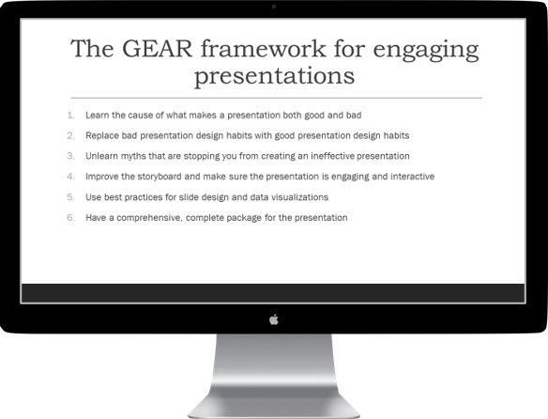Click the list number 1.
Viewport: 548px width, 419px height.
coord(70,115)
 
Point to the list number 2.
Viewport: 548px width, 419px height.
coord(70,135)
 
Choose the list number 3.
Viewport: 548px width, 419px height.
coord(70,156)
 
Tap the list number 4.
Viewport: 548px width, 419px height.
coord(70,177)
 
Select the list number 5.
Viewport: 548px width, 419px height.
coord(70,197)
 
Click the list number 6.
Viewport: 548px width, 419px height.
coord(70,218)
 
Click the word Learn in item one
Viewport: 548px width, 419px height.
coord(97,115)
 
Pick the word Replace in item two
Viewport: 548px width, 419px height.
coord(101,135)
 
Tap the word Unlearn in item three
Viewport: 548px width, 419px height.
coord(102,156)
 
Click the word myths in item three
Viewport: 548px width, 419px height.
coord(135,156)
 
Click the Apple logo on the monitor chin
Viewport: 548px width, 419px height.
coord(274,319)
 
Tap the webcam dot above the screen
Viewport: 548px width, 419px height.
coord(274,7)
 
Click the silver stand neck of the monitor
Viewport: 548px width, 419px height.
coord(274,371)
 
